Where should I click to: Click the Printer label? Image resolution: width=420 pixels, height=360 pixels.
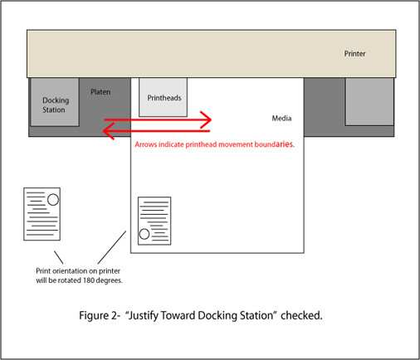(354, 54)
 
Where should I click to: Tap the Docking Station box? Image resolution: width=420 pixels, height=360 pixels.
(55, 102)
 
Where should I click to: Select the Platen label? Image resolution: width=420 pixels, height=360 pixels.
(100, 92)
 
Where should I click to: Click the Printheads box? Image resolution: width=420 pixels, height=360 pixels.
(163, 97)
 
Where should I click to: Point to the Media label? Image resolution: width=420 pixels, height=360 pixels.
(281, 119)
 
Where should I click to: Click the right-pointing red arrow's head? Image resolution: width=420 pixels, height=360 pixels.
(207, 119)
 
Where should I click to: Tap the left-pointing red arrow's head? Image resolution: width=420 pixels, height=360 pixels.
(109, 131)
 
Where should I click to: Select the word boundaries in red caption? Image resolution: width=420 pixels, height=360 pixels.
(274, 144)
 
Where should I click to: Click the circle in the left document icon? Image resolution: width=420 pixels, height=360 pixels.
(53, 200)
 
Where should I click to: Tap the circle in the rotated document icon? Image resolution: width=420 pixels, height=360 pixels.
(144, 234)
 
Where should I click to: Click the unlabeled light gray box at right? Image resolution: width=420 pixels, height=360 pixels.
(369, 101)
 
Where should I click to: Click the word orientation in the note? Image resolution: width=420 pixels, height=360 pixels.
(70, 271)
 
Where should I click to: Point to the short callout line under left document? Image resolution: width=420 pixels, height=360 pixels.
(58, 257)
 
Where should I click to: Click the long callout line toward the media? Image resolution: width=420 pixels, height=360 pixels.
(112, 247)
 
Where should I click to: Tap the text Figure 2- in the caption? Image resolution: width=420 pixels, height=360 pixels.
(100, 315)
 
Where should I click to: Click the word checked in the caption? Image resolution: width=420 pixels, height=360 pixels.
(301, 315)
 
